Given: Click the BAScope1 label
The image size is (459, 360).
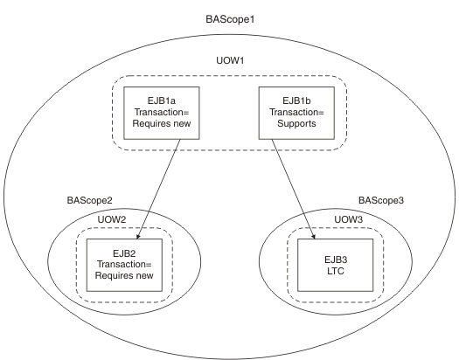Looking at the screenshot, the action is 230,19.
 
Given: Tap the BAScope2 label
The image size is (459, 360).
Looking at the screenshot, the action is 89,201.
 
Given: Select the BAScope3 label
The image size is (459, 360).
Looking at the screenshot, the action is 381,201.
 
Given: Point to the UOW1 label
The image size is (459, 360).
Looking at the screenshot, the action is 230,60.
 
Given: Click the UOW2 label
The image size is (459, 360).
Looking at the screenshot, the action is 112,219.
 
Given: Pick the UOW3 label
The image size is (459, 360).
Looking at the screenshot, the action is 349,219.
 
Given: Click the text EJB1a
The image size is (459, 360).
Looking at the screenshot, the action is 162,100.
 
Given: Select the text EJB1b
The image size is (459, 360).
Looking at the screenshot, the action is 296,100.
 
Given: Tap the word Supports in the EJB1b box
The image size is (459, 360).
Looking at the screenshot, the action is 296,123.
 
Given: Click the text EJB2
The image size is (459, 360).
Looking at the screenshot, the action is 124,253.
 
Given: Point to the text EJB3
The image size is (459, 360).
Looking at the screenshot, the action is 336,260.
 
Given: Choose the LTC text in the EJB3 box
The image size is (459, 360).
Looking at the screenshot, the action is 336,272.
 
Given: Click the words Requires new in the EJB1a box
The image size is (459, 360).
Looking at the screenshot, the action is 162,123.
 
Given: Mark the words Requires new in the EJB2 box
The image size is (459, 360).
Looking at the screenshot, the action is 124,275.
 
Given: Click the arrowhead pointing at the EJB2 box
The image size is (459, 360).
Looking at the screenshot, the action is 138,236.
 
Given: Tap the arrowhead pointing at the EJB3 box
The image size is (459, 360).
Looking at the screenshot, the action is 314,236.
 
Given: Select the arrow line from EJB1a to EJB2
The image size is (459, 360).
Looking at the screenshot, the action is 158,190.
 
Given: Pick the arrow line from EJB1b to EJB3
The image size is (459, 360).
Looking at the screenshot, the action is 293,190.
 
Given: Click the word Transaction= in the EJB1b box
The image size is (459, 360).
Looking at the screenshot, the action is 296,113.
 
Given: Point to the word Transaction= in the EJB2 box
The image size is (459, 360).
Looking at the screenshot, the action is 124,265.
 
